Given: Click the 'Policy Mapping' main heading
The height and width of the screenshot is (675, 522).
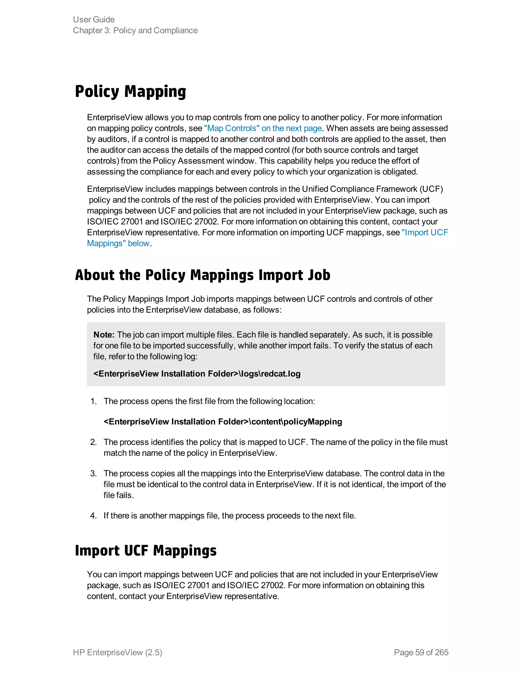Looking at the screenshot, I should [x=130, y=92].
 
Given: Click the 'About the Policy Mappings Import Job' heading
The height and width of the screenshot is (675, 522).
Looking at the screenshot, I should [x=203, y=275].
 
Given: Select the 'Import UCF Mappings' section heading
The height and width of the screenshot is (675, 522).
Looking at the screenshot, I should [x=146, y=551].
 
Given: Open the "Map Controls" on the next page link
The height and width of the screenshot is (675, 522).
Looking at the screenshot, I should [x=263, y=128].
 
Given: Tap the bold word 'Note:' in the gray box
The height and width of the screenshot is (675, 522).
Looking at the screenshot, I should [x=104, y=335].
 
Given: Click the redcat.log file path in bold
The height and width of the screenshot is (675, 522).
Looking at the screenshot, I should [x=197, y=374].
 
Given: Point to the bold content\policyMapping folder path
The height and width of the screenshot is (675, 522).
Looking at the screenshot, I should [x=223, y=422].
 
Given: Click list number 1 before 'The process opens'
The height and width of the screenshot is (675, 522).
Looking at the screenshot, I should [x=93, y=401].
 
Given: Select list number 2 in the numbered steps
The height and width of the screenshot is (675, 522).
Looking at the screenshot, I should [x=93, y=442].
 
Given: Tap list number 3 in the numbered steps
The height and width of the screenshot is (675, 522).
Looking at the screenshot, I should [x=93, y=474].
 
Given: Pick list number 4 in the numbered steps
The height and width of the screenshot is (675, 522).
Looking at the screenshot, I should [x=93, y=516].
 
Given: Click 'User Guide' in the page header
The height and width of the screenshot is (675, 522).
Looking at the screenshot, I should [x=94, y=19].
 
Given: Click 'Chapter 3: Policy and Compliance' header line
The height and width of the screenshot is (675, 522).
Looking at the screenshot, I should [x=135, y=30].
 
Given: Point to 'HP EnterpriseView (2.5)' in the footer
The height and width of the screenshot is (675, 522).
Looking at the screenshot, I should [x=118, y=652].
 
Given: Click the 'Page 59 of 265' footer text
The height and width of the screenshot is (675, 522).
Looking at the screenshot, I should [x=421, y=652].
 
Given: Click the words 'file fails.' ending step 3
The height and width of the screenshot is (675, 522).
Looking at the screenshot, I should [x=119, y=495].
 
